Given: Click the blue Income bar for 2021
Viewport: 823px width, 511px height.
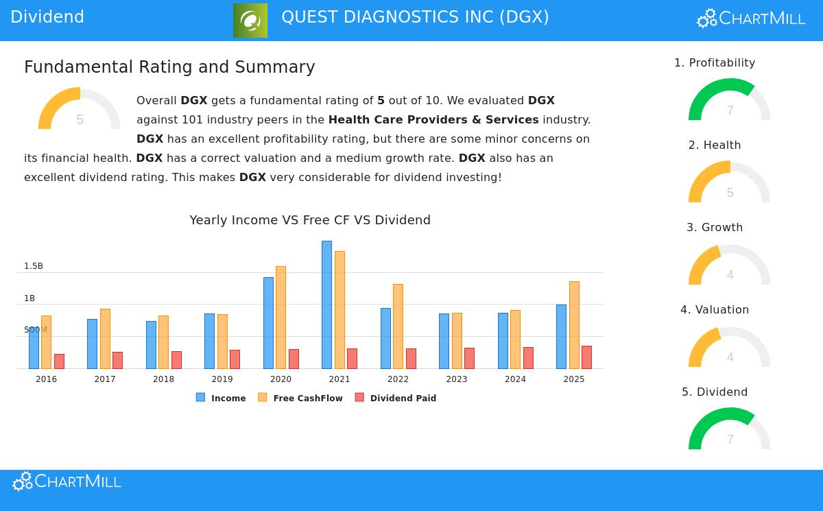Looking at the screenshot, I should tap(326, 305).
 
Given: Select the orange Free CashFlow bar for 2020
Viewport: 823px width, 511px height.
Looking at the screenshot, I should tap(281, 317).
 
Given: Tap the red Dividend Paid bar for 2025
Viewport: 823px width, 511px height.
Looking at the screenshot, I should tap(586, 357).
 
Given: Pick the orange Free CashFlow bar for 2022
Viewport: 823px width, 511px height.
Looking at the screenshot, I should tap(398, 326).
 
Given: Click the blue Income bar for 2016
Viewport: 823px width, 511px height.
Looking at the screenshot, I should tap(34, 348).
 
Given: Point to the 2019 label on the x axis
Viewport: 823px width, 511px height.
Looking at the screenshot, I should tap(222, 379).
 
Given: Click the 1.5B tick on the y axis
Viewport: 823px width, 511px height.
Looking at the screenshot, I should tap(34, 266).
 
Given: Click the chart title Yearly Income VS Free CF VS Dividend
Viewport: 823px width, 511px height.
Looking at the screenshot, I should tap(310, 220).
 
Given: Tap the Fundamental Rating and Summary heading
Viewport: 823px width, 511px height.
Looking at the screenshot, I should tap(169, 67).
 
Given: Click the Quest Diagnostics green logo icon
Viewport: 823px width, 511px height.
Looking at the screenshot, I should tap(250, 21).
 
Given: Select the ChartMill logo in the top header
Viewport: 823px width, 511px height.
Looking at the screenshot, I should tap(751, 19).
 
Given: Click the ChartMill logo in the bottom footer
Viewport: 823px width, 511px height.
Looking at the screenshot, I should tap(67, 482).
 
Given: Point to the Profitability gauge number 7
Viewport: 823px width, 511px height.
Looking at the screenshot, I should tap(730, 110).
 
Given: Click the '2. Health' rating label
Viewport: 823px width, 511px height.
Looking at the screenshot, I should tap(715, 145).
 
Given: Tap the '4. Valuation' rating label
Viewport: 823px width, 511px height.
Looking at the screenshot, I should tap(715, 310).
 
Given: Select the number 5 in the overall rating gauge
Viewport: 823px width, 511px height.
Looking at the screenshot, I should tap(80, 120).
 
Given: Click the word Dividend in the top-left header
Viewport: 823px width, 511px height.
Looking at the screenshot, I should tap(47, 17).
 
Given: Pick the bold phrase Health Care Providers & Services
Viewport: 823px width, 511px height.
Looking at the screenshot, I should tap(433, 120).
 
